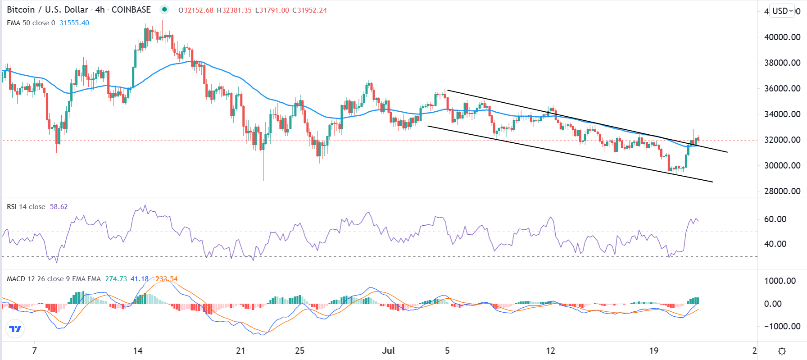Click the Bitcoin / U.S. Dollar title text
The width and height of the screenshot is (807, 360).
pos(47,9)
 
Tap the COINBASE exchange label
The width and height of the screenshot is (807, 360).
pos(131,9)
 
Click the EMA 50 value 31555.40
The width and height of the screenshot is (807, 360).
pos(74,23)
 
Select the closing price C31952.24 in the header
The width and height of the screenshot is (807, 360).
pos(309,10)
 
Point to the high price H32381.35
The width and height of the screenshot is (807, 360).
pos(234,10)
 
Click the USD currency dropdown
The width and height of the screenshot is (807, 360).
pos(783,11)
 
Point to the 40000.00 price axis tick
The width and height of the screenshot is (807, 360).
pos(782,37)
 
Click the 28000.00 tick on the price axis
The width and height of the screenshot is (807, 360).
pos(782,191)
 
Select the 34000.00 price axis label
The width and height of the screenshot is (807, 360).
pos(782,114)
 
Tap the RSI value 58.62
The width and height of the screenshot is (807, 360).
pos(59,207)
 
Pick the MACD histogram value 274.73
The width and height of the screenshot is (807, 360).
pos(116,279)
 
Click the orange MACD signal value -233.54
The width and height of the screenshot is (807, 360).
pos(165,279)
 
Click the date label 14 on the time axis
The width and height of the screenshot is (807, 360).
pos(138,351)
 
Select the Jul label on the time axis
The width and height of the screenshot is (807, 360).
pos(388,351)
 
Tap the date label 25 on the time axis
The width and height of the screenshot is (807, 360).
pos(299,351)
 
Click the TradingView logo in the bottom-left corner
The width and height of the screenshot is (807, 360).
pos(15,329)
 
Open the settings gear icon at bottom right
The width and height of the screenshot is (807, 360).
pos(782,351)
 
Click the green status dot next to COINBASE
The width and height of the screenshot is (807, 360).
pos(164,9)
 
